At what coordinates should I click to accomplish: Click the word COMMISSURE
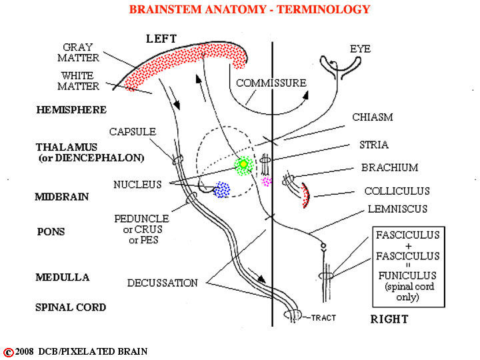[271, 83]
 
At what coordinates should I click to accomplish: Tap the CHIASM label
[373, 117]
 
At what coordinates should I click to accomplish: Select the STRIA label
[374, 145]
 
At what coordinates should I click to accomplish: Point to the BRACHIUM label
[390, 167]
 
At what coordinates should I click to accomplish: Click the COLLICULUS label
[397, 191]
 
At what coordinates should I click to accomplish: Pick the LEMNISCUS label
[397, 209]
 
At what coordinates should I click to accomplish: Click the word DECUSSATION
[163, 283]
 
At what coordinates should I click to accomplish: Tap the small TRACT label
[323, 318]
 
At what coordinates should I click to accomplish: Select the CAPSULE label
[133, 131]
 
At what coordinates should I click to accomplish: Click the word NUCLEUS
[137, 184]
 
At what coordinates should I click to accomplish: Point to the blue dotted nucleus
[221, 190]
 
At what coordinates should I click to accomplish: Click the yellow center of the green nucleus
[243, 165]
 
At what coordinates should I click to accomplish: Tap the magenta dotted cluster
[266, 181]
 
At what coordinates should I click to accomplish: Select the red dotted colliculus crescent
[306, 195]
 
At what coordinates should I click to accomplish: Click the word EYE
[360, 49]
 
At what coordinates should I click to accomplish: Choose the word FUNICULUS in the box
[407, 275]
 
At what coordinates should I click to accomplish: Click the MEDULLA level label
[63, 277]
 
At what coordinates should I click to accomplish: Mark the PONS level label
[51, 232]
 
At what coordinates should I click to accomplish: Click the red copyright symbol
[9, 353]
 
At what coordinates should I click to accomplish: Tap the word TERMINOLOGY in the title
[323, 9]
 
